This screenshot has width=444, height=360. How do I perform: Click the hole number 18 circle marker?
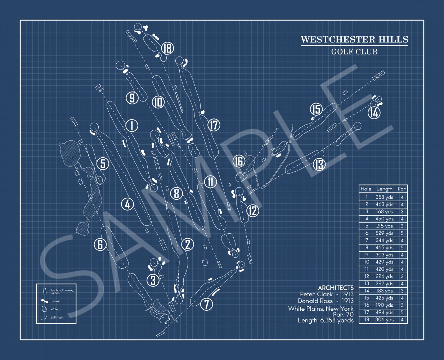pos(167,48)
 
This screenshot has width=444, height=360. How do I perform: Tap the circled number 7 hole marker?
pos(206,304)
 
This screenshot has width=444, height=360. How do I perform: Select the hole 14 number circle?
pos(374,113)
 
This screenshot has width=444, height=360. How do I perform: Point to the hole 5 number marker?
pos(103,164)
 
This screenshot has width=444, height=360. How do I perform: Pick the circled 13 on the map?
pos(319,165)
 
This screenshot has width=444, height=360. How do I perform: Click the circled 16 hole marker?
pos(238,161)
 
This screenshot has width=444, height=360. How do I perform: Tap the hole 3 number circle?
pos(153,280)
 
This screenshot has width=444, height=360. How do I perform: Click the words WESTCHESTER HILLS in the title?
pos(354,39)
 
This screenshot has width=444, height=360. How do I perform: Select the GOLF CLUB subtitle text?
pos(354,52)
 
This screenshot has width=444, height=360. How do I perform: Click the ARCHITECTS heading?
pos(336,288)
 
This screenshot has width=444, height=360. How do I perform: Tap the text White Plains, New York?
pos(321,309)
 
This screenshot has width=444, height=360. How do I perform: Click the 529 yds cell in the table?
pos(384,233)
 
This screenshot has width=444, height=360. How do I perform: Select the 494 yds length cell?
pos(384,312)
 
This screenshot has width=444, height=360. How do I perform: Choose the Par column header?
pos(402,189)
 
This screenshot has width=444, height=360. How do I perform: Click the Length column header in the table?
pos(384,189)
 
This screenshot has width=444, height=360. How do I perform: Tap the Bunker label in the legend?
pos(55,301)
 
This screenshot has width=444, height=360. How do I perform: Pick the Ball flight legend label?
pos(57,318)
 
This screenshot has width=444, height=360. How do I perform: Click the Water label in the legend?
pos(55,309)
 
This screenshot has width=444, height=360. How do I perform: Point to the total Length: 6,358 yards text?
pos(326,320)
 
